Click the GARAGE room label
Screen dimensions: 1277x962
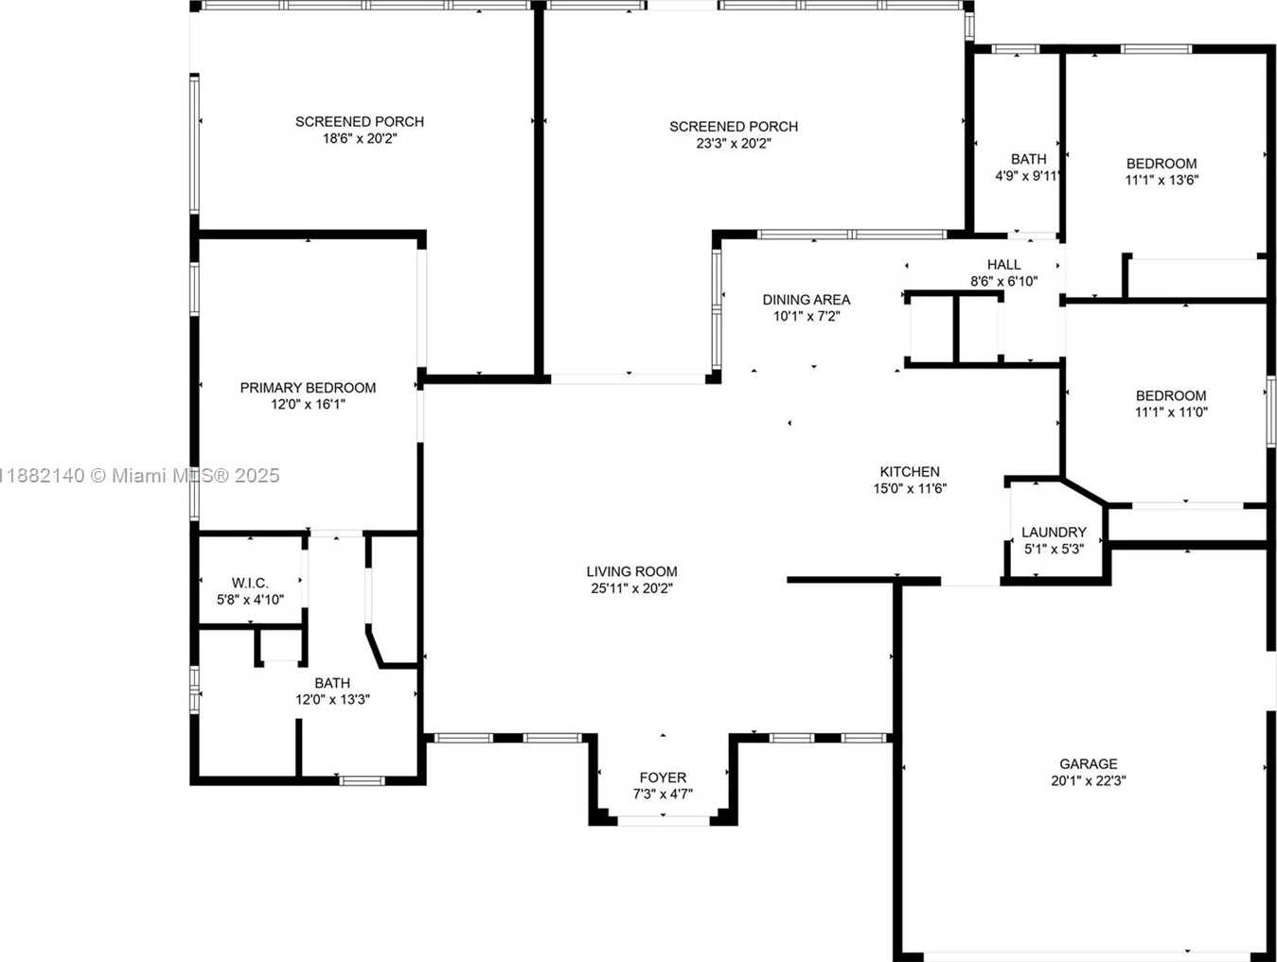pyautogui.click(x=1088, y=763)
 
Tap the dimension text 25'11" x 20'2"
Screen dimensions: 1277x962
pyautogui.click(x=631, y=588)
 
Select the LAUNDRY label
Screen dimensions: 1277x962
pyautogui.click(x=1054, y=532)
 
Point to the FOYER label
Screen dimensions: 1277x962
pyautogui.click(x=663, y=778)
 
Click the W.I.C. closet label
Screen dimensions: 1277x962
pyautogui.click(x=250, y=583)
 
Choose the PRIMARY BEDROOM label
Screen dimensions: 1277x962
pyautogui.click(x=308, y=387)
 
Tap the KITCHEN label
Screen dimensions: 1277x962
pyautogui.click(x=910, y=471)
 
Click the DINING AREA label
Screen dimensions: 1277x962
pyautogui.click(x=807, y=299)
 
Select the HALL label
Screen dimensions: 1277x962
pyautogui.click(x=1003, y=265)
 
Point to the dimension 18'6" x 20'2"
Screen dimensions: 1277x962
pyautogui.click(x=360, y=138)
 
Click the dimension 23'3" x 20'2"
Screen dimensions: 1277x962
pyautogui.click(x=734, y=143)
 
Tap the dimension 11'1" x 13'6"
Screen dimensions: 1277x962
pyautogui.click(x=1162, y=180)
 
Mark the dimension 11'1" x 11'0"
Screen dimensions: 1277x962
pyautogui.click(x=1171, y=412)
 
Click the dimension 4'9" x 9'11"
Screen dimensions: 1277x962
pyautogui.click(x=1028, y=176)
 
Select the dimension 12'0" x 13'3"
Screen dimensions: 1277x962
pyautogui.click(x=332, y=699)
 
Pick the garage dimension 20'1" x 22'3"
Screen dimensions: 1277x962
pyautogui.click(x=1088, y=780)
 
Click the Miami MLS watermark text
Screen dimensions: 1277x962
pyautogui.click(x=139, y=476)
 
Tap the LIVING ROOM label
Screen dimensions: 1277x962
pyautogui.click(x=631, y=571)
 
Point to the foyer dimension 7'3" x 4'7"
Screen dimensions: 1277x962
pyautogui.click(x=663, y=794)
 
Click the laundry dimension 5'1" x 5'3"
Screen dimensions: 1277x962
pyautogui.click(x=1054, y=549)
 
